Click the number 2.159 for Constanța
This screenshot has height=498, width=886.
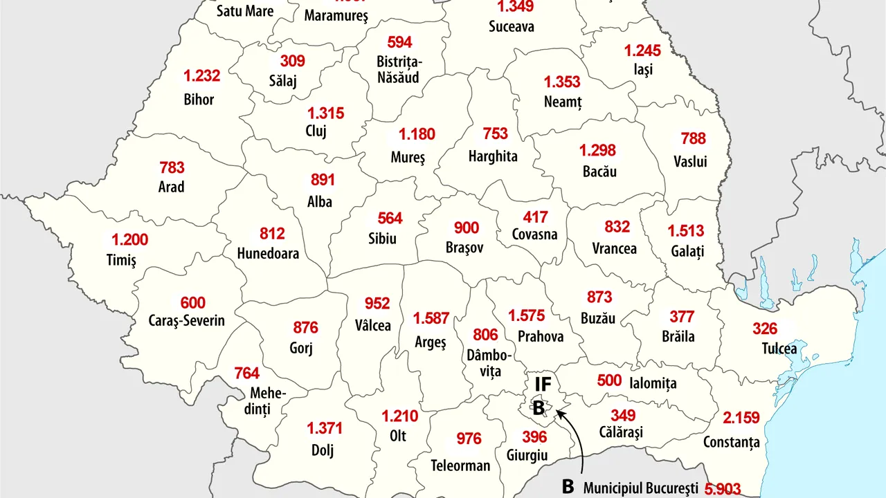(741, 418)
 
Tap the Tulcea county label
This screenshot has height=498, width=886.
(779, 349)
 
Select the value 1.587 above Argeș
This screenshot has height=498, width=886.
(431, 319)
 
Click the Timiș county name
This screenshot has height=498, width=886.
(121, 260)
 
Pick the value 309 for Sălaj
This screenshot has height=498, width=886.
(292, 61)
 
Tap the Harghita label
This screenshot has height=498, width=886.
(493, 156)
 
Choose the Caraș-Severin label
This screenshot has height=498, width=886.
(187, 321)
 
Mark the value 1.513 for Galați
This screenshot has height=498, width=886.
(685, 231)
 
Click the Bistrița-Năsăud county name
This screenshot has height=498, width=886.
(399, 69)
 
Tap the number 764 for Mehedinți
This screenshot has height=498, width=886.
(246, 373)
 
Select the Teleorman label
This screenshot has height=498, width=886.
(460, 465)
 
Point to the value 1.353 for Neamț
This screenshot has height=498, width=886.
(561, 82)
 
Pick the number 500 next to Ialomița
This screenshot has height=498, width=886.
(609, 381)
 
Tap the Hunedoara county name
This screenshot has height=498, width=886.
(268, 253)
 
